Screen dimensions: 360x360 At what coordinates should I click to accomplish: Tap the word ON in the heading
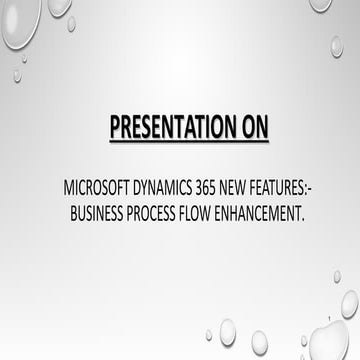(x=249, y=129)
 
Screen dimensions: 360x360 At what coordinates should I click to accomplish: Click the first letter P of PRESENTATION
(x=114, y=129)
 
